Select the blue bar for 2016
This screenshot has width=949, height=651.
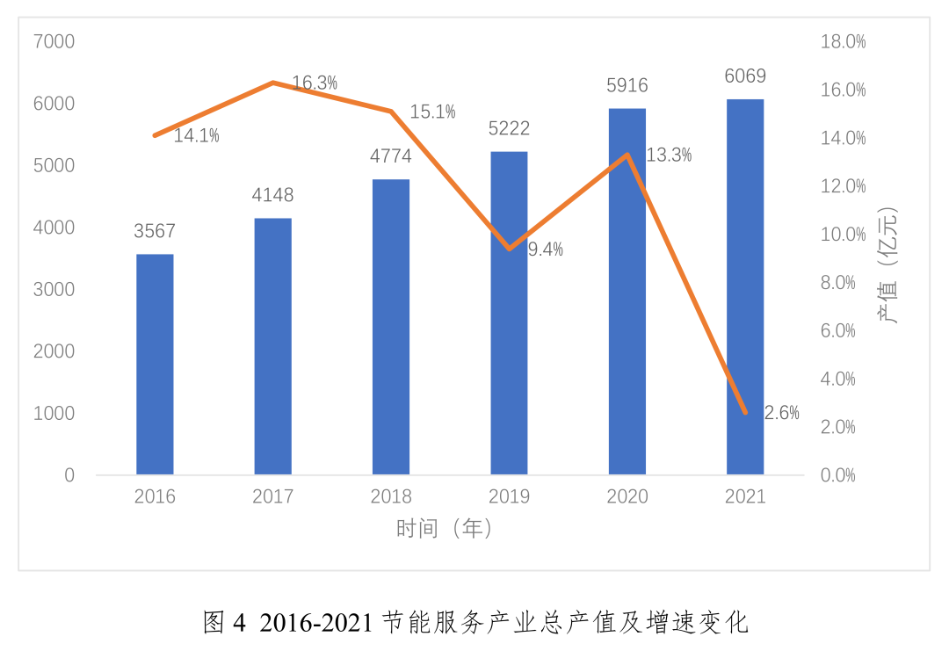[x=155, y=365]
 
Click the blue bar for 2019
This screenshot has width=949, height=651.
[x=509, y=313]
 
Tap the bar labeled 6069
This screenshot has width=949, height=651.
[x=745, y=286]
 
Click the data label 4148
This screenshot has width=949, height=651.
[x=272, y=195]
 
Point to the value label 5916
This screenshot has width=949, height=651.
[x=627, y=85]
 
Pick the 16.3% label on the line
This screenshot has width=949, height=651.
[x=315, y=83]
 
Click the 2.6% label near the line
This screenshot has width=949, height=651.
[x=781, y=413]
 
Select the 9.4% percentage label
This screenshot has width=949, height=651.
[x=545, y=250]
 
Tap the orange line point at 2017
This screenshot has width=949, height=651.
[x=273, y=83]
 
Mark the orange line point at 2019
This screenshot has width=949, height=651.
[x=510, y=249]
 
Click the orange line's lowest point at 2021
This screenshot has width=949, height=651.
[x=745, y=412]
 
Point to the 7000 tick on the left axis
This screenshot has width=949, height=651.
[x=54, y=41]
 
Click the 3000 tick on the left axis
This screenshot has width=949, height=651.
[x=54, y=289]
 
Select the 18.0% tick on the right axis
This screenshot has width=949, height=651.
[x=843, y=41]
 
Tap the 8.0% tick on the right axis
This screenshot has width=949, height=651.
[x=838, y=282]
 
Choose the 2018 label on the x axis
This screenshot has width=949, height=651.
[x=391, y=496]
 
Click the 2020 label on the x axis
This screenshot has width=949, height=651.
[x=627, y=496]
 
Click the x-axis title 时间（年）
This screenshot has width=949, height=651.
[x=446, y=528]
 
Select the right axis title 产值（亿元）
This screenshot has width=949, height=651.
[x=889, y=265]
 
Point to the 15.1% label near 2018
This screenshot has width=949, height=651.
[x=432, y=112]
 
